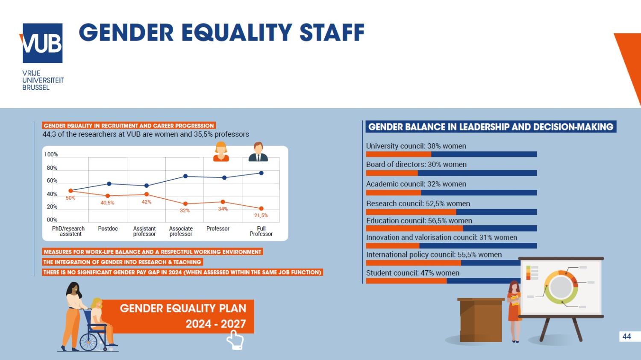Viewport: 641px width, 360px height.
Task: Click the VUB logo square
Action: [x=42, y=43]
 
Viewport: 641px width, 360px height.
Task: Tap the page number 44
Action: [x=626, y=336]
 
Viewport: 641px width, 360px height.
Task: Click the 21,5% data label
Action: [x=261, y=215]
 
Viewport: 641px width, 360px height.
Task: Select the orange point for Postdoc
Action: [x=108, y=196]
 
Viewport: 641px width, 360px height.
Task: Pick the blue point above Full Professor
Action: [x=261, y=173]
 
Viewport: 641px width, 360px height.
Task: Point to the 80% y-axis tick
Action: [x=52, y=168]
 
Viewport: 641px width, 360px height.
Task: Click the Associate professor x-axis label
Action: [x=181, y=231]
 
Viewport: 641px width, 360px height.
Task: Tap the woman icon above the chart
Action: [x=221, y=152]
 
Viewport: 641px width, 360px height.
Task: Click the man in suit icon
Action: [x=258, y=152]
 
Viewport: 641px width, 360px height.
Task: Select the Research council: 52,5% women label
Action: [x=418, y=204]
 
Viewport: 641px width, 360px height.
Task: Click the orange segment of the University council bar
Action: [x=398, y=154]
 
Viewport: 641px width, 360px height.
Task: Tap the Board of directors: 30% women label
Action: [x=416, y=164]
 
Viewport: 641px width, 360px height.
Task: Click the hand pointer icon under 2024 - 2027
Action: [x=235, y=341]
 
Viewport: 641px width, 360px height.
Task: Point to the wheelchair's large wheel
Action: [x=89, y=342]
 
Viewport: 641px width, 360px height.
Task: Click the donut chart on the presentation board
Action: [x=561, y=287]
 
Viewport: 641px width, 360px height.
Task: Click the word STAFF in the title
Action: [x=332, y=33]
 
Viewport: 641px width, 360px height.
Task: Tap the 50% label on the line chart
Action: [x=71, y=198]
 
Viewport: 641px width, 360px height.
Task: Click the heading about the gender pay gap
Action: [x=182, y=272]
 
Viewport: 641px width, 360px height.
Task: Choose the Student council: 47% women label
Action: [x=412, y=273]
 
